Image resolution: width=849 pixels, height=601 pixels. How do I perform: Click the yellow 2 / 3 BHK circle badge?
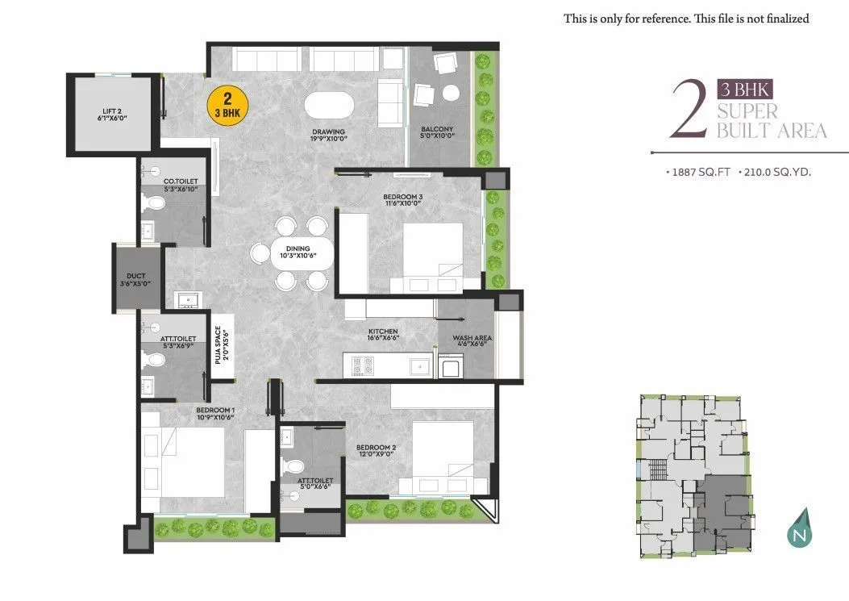pos(228,106)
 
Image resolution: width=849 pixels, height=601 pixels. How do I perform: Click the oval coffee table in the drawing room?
pos(328,106)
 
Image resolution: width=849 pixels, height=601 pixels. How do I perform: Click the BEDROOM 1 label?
pos(214,413)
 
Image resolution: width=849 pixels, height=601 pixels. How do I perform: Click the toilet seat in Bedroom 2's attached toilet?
pos(295,466)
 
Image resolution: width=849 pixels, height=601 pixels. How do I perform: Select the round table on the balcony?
pos(452,91)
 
